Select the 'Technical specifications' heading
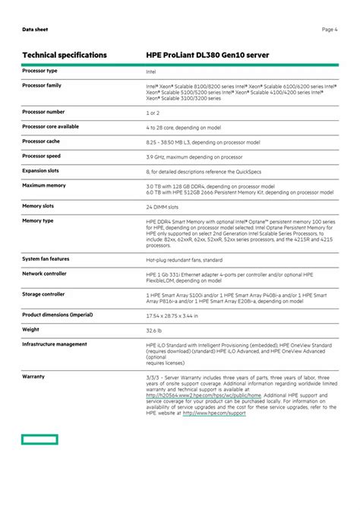(65, 55)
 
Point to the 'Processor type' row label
(39, 71)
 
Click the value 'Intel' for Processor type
(151, 71)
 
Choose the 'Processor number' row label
(43, 112)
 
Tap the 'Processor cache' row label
(43, 141)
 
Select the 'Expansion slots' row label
(40, 171)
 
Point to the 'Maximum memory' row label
(43, 185)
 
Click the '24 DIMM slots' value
(163, 207)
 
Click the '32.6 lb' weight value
(155, 330)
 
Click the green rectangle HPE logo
(39, 439)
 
